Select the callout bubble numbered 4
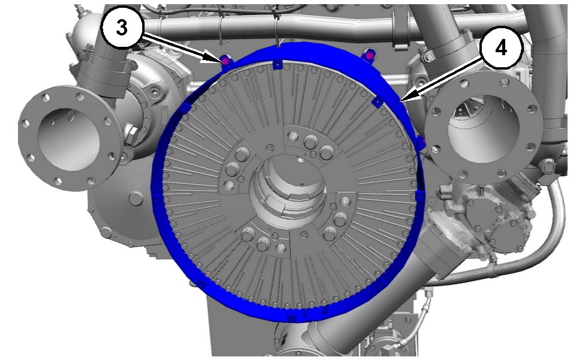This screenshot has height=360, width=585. pyautogui.click(x=501, y=47)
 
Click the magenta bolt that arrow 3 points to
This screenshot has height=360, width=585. pyautogui.click(x=225, y=61)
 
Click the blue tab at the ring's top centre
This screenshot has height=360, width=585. pyautogui.click(x=277, y=65)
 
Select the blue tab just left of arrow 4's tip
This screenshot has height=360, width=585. pyautogui.click(x=378, y=103)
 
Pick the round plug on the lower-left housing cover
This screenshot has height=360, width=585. pyautogui.click(x=137, y=198)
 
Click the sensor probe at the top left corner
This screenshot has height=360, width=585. pyautogui.click(x=79, y=11)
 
